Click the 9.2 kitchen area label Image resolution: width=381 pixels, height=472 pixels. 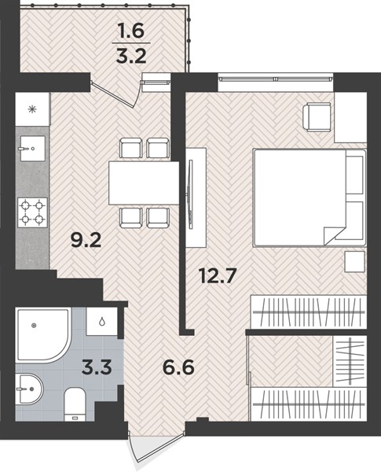tap(86, 240)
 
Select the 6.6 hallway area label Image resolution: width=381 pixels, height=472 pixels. tap(178, 367)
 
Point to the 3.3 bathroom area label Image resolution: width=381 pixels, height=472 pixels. tap(97, 367)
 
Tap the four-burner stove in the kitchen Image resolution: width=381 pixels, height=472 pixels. tap(32, 212)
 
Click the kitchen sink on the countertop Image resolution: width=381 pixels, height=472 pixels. tap(33, 148)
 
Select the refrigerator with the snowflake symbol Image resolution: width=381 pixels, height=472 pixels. tap(32, 109)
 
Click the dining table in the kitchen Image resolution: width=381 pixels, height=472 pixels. tap(144, 183)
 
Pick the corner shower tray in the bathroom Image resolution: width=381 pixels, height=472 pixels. tap(44, 334)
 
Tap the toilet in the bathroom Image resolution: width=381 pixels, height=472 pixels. tap(75, 404)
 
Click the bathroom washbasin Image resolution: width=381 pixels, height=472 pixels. tap(30, 389)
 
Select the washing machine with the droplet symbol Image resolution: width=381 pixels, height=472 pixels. tap(101, 322)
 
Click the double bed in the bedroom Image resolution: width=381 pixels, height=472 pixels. tap(310, 197)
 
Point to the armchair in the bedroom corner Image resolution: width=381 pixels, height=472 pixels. tap(317, 116)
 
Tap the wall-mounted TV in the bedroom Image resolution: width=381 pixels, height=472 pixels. tap(190, 193)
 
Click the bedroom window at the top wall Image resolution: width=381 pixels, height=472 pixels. tap(276, 79)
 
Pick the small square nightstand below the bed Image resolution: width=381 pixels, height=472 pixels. tap(355, 261)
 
